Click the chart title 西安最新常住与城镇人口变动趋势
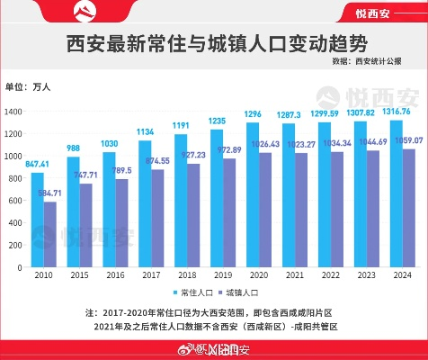pyautogui.click(x=214, y=44)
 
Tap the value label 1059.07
pyautogui.click(x=409, y=140)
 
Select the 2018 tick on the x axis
pyautogui.click(x=187, y=274)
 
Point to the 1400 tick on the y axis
pyautogui.click(x=13, y=111)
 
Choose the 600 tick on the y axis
pyautogui.click(x=16, y=201)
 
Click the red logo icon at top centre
pyautogui.click(x=214, y=12)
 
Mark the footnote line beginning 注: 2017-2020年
pyautogui.click(x=214, y=312)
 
